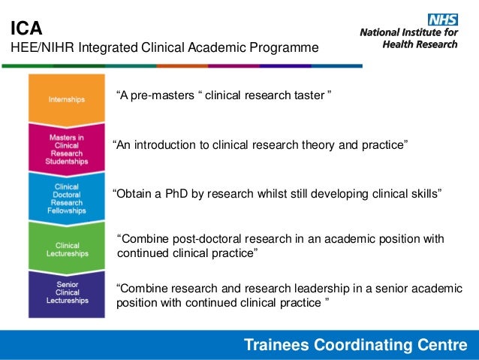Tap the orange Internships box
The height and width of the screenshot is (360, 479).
[x=67, y=98]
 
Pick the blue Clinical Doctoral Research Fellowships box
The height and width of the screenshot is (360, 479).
[x=67, y=196]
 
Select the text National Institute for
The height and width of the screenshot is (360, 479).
[x=409, y=33]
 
